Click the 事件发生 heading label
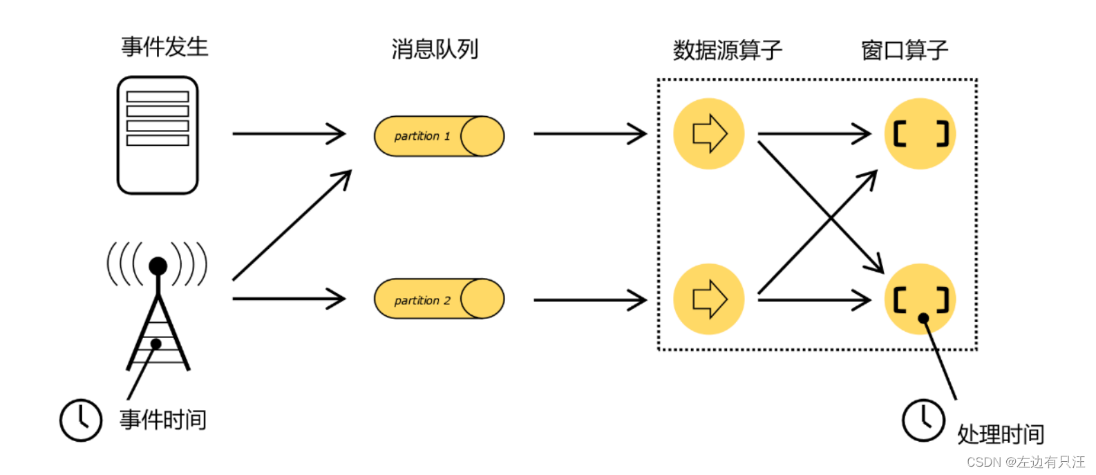pos(164,47)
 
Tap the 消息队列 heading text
pos(435,49)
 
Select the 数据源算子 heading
pos(727,50)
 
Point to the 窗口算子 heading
pos(904,50)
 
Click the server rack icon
pos(158,136)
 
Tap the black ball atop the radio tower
pos(158,266)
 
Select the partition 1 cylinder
pos(439,136)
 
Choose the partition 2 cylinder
pos(439,299)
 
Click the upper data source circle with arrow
pos(709,133)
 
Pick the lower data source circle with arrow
pos(709,299)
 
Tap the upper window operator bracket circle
pos(920,133)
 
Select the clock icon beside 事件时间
pos(81,420)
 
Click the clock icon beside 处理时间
pos(923,420)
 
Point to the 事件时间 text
pos(163,420)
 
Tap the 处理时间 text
pos(1000,434)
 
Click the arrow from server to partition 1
pos(289,133)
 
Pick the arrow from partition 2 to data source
pos(589,300)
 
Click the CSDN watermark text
pos(1026,462)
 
